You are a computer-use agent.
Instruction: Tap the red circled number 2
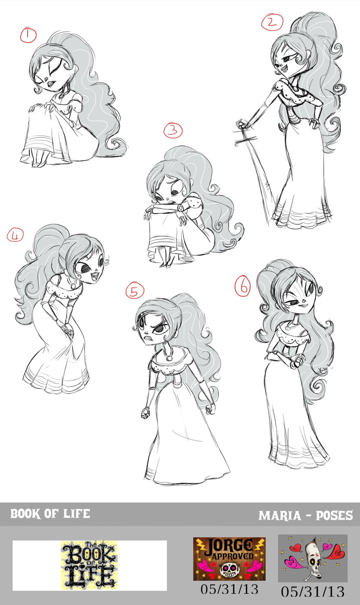point(272,22)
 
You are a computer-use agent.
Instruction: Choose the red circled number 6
point(243,286)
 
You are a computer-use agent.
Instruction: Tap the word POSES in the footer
point(334,516)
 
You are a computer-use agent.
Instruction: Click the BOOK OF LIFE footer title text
point(50,514)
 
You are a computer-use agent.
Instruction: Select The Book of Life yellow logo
point(89,565)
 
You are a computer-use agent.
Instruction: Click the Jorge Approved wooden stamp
point(229,559)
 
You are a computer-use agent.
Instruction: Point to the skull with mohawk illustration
point(312,558)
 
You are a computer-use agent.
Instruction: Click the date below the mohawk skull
point(313,591)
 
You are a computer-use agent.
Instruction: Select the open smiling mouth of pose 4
point(94,277)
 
